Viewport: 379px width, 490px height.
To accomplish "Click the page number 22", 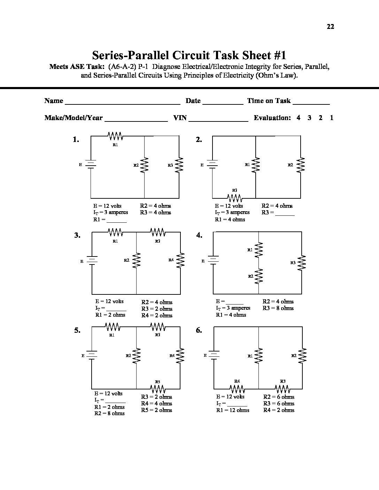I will click(330, 26).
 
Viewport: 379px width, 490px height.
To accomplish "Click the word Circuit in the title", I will click(190, 55).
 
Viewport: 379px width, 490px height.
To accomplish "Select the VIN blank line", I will click(218, 120).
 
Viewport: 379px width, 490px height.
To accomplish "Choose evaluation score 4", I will click(299, 118).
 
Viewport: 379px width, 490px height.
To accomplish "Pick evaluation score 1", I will click(332, 118).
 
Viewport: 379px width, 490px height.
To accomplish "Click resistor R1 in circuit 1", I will click(115, 136).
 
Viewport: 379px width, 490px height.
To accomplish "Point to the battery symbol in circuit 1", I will click(91, 164).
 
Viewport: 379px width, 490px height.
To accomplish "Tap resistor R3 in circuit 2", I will click(235, 198).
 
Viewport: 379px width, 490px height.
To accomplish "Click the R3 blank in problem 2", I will click(285, 215).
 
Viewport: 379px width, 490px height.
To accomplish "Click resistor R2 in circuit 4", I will click(259, 276).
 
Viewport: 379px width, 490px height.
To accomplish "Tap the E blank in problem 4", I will click(234, 303).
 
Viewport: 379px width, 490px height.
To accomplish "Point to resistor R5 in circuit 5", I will click(157, 388).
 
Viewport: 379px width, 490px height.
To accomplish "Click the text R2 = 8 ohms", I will click(109, 413).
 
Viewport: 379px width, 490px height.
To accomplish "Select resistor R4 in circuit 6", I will click(237, 388).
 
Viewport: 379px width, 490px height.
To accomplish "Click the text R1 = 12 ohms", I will click(233, 410).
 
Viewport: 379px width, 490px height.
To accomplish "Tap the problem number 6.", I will click(199, 330).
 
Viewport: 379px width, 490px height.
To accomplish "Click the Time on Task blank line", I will click(311, 103).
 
